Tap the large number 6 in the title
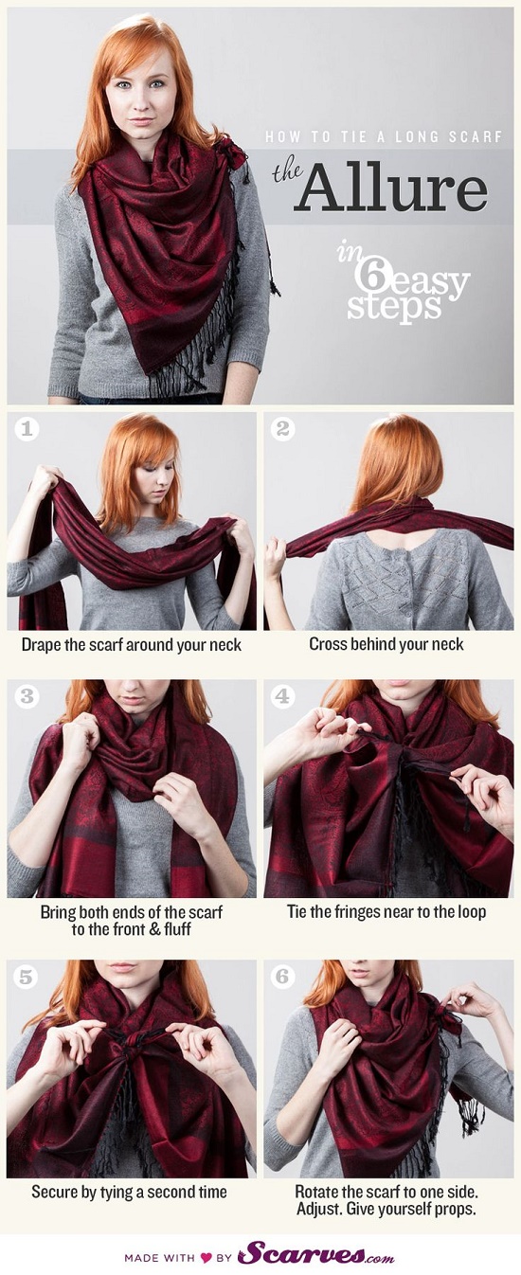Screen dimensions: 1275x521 click(369, 276)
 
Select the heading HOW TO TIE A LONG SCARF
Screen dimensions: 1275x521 click(383, 137)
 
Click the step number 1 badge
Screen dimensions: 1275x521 click(27, 429)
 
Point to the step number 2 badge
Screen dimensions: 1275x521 click(282, 429)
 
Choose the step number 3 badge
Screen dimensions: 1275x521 click(27, 697)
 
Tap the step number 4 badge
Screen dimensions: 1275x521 click(282, 697)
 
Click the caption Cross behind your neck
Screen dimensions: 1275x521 click(386, 644)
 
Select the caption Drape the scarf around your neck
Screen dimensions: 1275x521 click(132, 644)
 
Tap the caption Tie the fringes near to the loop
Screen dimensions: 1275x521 click(386, 912)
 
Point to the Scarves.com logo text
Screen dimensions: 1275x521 click(315, 1255)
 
